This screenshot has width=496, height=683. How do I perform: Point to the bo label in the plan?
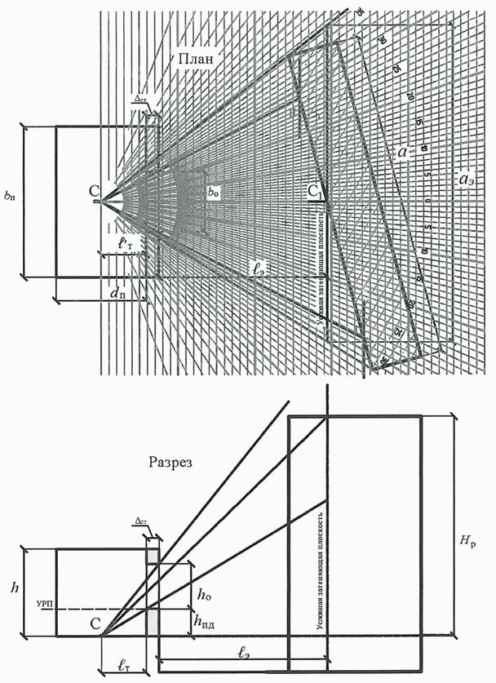pos(214,193)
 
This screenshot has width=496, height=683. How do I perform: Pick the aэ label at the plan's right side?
pos(468,177)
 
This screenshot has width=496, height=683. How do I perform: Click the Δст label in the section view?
pos(140,521)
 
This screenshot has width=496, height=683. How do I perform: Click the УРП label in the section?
pos(46,605)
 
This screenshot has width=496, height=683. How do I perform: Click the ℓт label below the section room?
pos(125,667)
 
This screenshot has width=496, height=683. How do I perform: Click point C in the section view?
pos(95,625)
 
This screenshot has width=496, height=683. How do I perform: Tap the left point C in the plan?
pos(95,193)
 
